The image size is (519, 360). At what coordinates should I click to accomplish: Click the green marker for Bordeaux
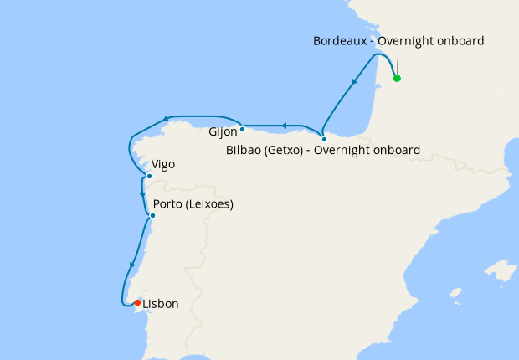pyautogui.click(x=397, y=79)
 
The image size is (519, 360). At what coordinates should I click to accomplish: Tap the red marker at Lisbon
pyautogui.click(x=137, y=303)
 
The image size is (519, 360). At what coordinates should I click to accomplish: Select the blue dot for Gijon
pyautogui.click(x=242, y=129)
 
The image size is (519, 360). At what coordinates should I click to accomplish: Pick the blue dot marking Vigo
pyautogui.click(x=149, y=176)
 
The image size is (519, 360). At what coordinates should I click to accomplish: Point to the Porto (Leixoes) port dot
pyautogui.click(x=152, y=216)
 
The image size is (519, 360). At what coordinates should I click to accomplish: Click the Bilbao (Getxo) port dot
pyautogui.click(x=324, y=139)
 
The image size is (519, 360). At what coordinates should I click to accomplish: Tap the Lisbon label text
pyautogui.click(x=161, y=304)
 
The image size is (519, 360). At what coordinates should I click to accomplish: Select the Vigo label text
pyautogui.click(x=164, y=165)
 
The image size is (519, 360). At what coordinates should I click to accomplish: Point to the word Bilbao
pyautogui.click(x=244, y=151)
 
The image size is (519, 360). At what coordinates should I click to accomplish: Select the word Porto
pyautogui.click(x=170, y=204)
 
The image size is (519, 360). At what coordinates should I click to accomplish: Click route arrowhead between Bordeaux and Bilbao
pyautogui.click(x=356, y=82)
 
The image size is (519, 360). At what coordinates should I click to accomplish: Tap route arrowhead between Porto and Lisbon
pyautogui.click(x=131, y=266)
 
